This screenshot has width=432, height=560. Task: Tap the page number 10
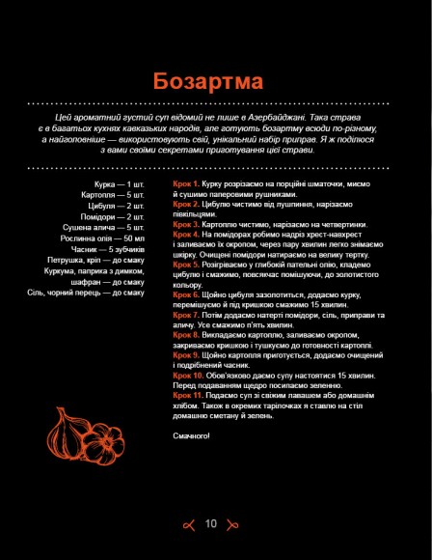pyautogui.click(x=212, y=524)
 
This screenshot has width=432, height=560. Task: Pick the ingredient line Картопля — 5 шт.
pyautogui.click(x=113, y=194)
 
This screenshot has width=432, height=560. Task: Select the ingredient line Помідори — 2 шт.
pyautogui.click(x=114, y=216)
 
